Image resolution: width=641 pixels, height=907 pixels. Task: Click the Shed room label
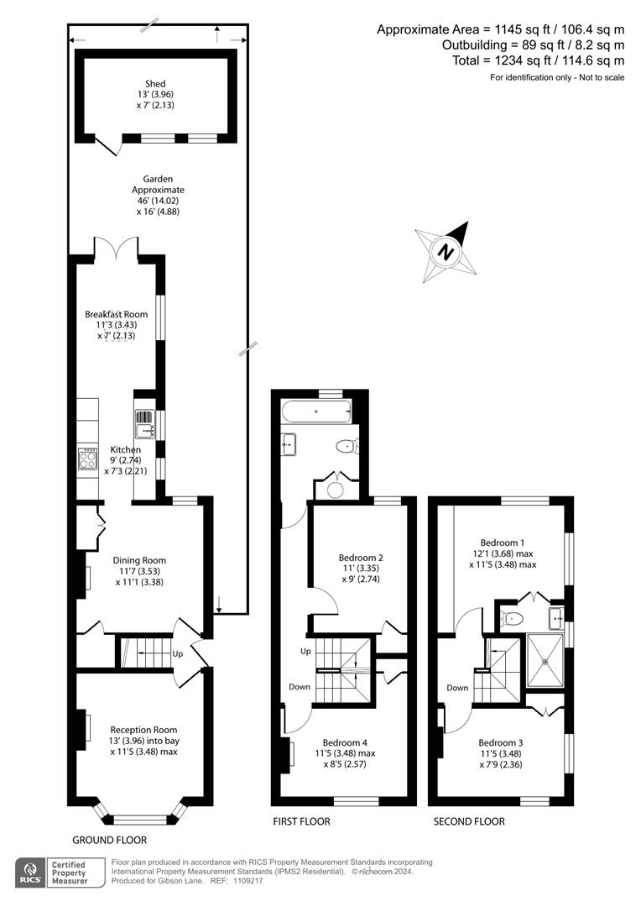pyautogui.click(x=155, y=83)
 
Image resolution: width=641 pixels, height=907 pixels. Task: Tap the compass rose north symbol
pyautogui.click(x=446, y=249)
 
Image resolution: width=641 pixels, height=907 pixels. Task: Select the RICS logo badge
pyautogui.click(x=34, y=871)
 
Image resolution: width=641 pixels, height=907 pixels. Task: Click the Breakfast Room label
pyautogui.click(x=116, y=314)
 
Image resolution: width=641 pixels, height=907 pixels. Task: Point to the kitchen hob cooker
pyautogui.click(x=87, y=459)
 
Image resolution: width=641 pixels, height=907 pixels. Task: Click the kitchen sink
pyautogui.click(x=143, y=422)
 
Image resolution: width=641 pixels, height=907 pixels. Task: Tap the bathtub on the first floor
pyautogui.click(x=316, y=412)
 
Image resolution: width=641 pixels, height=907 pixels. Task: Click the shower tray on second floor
pyautogui.click(x=545, y=661)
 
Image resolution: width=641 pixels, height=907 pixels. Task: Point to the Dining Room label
pyautogui.click(x=139, y=560)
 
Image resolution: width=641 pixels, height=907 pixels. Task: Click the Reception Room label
pyautogui.click(x=143, y=730)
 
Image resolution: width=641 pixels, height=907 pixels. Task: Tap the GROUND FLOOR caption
pyautogui.click(x=109, y=840)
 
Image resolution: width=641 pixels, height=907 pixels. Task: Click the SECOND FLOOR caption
pyautogui.click(x=469, y=821)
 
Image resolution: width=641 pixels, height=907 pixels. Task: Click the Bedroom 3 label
pyautogui.click(x=501, y=742)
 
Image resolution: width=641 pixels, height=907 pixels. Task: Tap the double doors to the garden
pyautogui.click(x=116, y=249)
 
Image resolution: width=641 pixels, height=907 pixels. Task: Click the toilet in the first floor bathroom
pyautogui.click(x=345, y=446)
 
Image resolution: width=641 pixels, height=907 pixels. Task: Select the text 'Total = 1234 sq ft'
pyautogui.click(x=453, y=60)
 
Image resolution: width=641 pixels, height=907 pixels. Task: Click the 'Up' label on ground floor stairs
pyautogui.click(x=178, y=653)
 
